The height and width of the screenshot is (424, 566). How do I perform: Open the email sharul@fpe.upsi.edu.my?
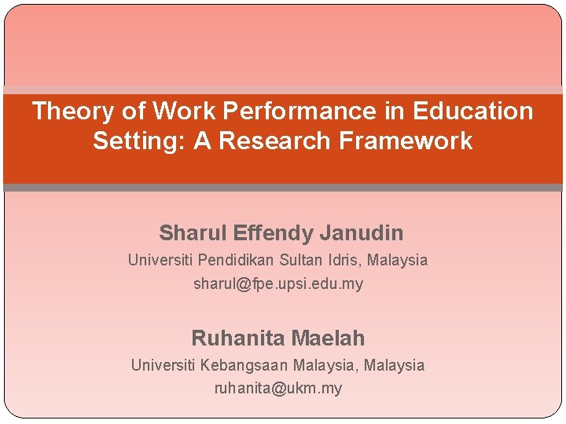click(x=278, y=284)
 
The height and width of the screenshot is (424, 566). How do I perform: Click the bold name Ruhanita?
click(x=237, y=338)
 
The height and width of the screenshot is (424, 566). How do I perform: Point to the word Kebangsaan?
click(x=244, y=365)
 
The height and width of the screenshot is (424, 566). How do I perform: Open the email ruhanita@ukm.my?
click(x=278, y=389)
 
